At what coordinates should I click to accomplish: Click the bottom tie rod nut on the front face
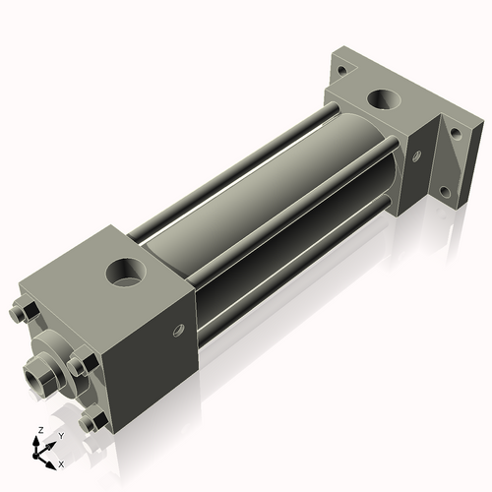(95, 423)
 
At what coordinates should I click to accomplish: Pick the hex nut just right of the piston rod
(78, 366)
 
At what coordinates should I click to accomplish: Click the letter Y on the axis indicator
(60, 435)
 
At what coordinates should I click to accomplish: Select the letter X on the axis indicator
(61, 462)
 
